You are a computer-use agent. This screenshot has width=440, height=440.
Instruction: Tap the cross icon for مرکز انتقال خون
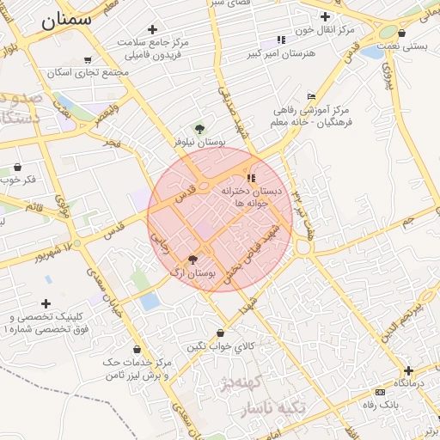coord(326,16)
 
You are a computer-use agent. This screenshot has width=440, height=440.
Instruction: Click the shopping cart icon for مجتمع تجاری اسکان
coord(87,60)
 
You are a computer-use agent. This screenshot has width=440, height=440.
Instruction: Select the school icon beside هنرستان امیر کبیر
coord(281,40)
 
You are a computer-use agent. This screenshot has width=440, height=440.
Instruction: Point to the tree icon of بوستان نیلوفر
coord(200,128)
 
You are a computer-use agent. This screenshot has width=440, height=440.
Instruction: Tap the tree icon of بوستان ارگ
coord(192,258)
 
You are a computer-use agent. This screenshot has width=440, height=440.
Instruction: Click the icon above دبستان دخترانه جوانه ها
coord(252,177)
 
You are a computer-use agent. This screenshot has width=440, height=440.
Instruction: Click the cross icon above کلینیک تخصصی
coord(46,303)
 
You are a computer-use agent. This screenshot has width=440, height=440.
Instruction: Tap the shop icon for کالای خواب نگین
coord(221,333)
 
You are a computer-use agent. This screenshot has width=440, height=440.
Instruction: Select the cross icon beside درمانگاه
coord(409,370)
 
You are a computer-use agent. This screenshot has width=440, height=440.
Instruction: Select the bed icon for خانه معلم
coord(311,96)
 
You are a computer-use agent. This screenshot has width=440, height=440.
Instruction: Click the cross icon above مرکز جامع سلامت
coord(153,29)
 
